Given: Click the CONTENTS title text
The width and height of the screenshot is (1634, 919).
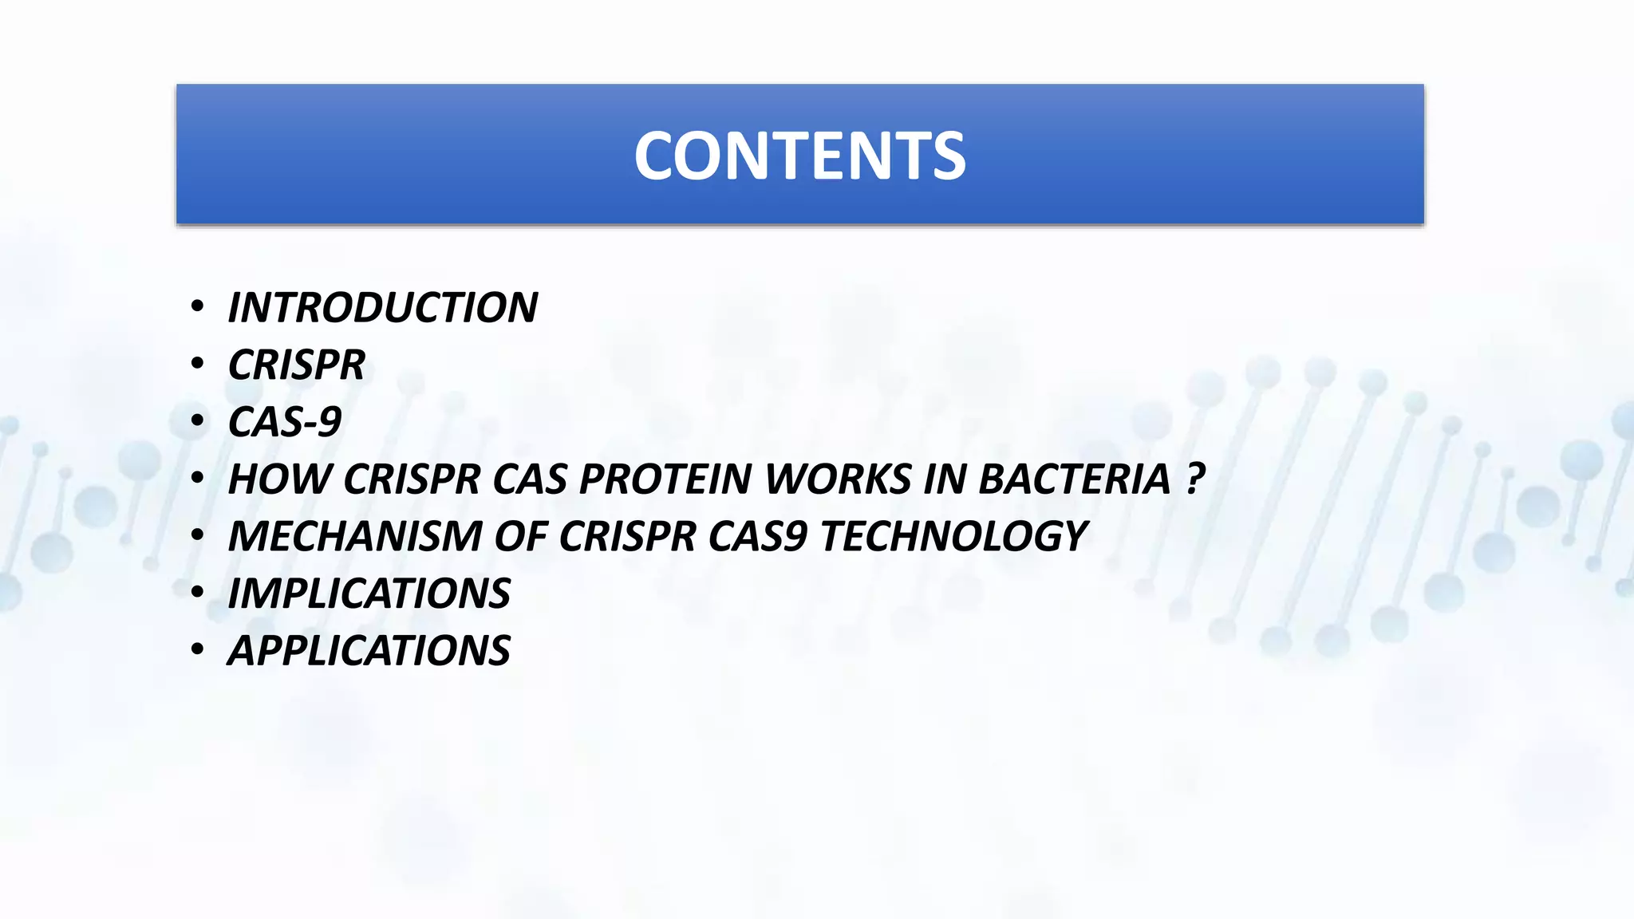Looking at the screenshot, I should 799,156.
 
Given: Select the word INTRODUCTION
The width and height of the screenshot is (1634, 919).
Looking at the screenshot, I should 383,308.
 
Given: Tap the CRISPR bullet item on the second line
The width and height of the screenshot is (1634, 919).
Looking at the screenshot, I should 297,365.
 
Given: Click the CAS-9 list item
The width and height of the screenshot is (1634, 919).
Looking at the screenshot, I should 285,422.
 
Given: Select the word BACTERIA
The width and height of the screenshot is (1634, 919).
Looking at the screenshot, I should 1074,479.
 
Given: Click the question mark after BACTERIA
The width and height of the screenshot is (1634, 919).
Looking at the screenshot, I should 1194,479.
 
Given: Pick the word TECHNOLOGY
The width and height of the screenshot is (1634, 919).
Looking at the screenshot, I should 953,536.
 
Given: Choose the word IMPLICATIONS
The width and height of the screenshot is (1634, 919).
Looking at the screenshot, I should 369,594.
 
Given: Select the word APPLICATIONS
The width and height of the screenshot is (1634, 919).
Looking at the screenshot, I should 369,651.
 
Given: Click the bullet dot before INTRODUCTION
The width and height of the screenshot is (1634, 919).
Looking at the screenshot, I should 197,306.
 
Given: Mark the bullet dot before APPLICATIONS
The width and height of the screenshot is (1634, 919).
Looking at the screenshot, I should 197,649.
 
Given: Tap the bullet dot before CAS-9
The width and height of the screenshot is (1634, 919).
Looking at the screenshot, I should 197,420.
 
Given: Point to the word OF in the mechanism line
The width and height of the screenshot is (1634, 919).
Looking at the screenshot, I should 519,536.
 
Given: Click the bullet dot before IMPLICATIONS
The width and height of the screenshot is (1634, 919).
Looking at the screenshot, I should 197,592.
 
